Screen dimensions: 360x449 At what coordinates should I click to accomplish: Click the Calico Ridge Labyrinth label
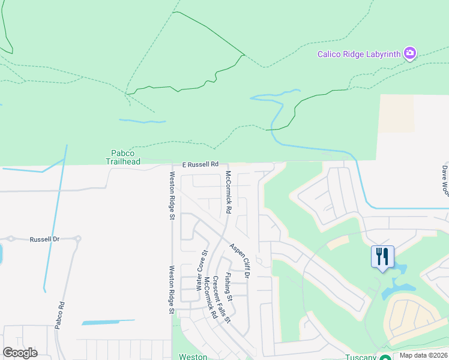click(x=359, y=54)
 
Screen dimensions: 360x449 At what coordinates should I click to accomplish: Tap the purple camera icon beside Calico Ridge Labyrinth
click(x=410, y=53)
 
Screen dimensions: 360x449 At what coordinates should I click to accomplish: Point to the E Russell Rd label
click(x=200, y=164)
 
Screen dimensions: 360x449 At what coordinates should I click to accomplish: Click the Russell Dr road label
click(x=45, y=239)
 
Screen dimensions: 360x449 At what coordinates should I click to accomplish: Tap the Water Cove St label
click(x=203, y=270)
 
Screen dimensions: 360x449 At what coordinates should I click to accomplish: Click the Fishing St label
click(x=229, y=287)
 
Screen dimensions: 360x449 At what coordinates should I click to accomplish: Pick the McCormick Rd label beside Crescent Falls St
click(x=210, y=297)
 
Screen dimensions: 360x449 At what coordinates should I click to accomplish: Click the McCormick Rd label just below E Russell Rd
click(x=228, y=192)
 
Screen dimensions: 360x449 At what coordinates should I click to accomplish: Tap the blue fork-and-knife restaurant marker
click(x=382, y=257)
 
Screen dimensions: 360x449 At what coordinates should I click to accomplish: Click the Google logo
click(x=20, y=353)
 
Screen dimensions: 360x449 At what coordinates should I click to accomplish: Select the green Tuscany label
click(x=360, y=357)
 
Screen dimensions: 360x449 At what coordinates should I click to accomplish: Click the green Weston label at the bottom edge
click(x=193, y=356)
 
